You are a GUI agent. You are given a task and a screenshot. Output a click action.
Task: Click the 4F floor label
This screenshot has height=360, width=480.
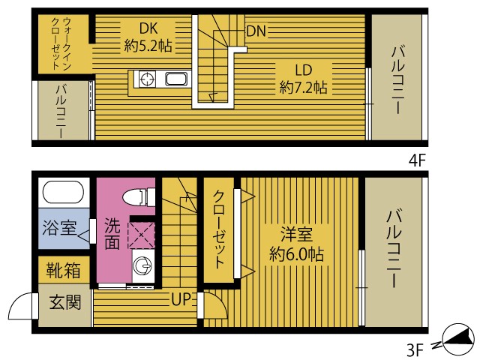(x=417, y=160)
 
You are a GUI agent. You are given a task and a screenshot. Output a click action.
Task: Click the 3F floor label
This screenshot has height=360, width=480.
(x=417, y=348)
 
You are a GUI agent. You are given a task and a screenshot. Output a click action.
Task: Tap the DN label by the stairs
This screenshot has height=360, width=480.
(x=256, y=31)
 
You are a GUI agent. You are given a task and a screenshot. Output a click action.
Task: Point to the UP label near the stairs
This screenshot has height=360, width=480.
(x=182, y=301)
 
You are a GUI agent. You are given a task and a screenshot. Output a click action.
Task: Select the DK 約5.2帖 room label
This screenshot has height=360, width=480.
(x=148, y=37)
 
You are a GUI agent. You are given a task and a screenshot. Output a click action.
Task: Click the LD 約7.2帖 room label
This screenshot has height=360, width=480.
(x=303, y=79)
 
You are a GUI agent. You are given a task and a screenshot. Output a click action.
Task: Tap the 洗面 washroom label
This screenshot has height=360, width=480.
(x=111, y=233)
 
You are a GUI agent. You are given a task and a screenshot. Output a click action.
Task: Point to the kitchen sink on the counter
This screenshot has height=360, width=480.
(x=177, y=79)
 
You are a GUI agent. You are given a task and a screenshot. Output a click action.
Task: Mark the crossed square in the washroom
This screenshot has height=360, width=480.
(x=140, y=234)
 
